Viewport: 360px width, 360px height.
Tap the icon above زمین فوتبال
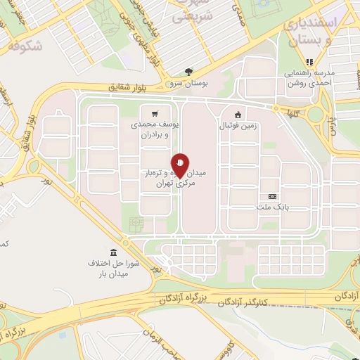[237, 115]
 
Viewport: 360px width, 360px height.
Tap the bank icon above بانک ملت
[272, 196]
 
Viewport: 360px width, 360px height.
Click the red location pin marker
[181, 165]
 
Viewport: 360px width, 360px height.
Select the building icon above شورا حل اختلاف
[113, 252]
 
